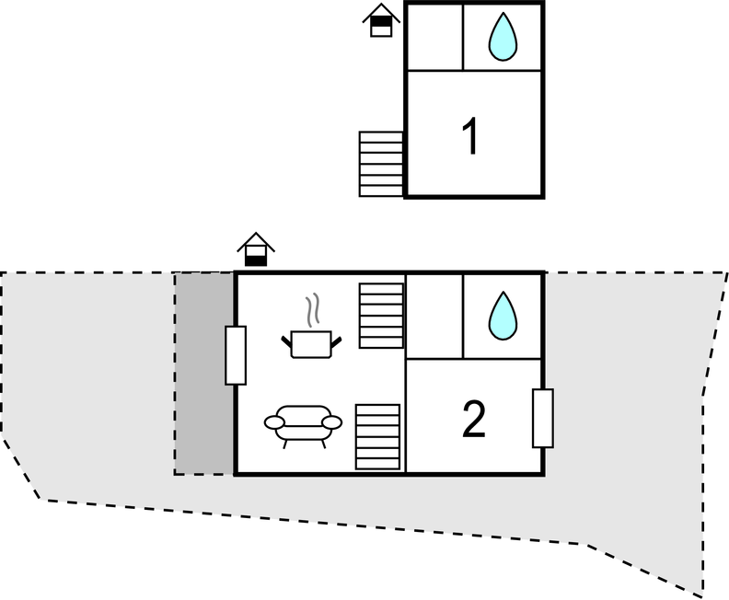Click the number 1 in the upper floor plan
coord(471,135)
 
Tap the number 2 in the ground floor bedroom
coord(474,420)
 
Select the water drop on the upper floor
coord(503,37)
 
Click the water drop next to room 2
coord(503,316)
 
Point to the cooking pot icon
coord(311,344)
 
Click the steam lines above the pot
coord(312,309)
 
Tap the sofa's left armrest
coord(274,422)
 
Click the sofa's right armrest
coord(332,422)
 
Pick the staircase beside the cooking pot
coord(381,316)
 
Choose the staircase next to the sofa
coord(377,437)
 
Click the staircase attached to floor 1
coord(381,164)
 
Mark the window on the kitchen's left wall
coord(236,355)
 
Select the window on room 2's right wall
coord(542,419)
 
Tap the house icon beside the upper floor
coord(381,20)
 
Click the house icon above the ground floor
coord(256,249)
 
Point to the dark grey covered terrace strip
coord(204,374)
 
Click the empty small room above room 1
coord(435,37)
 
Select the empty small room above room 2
coord(435,317)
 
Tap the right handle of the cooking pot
coord(336,342)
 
